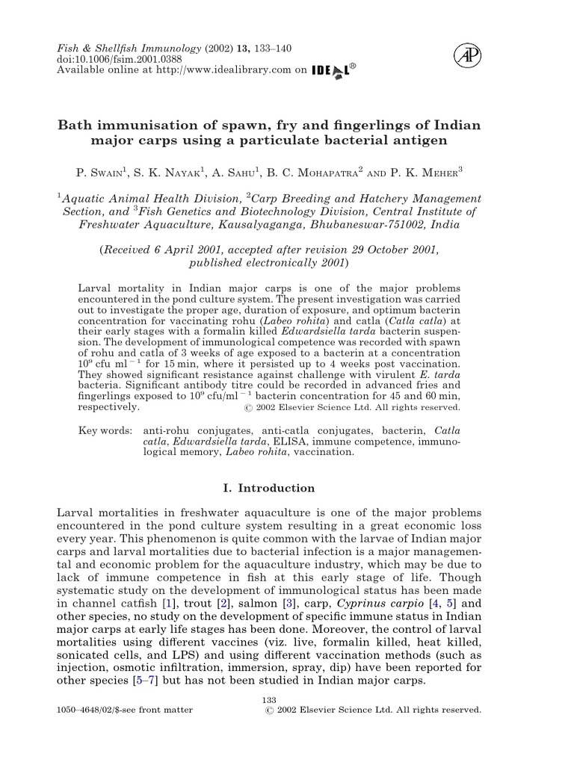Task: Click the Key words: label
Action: pyautogui.click(x=105, y=431)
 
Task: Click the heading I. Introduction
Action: pyautogui.click(x=269, y=488)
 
